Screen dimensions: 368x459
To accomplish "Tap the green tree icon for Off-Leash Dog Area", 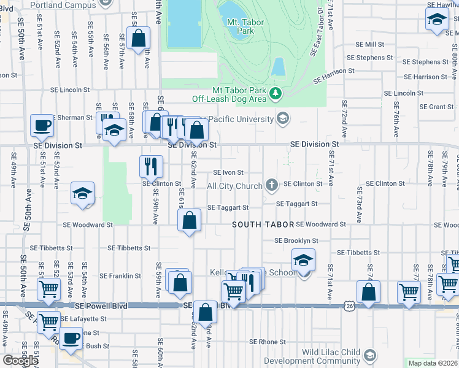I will pos(277,93).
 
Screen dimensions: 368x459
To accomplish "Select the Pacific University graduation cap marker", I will pos(283,118).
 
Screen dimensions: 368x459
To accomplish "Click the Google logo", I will pos(20,361).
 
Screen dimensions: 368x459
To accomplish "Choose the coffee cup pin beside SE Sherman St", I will pos(42,125).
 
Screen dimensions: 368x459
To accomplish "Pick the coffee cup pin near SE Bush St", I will pos(72,338).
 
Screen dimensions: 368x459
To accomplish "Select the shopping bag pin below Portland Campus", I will pos(139,38).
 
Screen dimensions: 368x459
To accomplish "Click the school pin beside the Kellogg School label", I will pos(303,260).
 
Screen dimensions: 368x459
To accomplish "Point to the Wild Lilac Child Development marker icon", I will pos(369,355).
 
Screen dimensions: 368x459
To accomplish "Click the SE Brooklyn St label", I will pos(296,240).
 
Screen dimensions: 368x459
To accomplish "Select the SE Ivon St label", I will pos(228,173).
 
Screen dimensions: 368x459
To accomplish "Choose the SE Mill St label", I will pos(370,45).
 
